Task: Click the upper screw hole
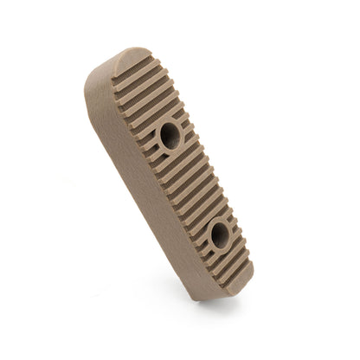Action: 169,134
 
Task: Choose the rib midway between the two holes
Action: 194,183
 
